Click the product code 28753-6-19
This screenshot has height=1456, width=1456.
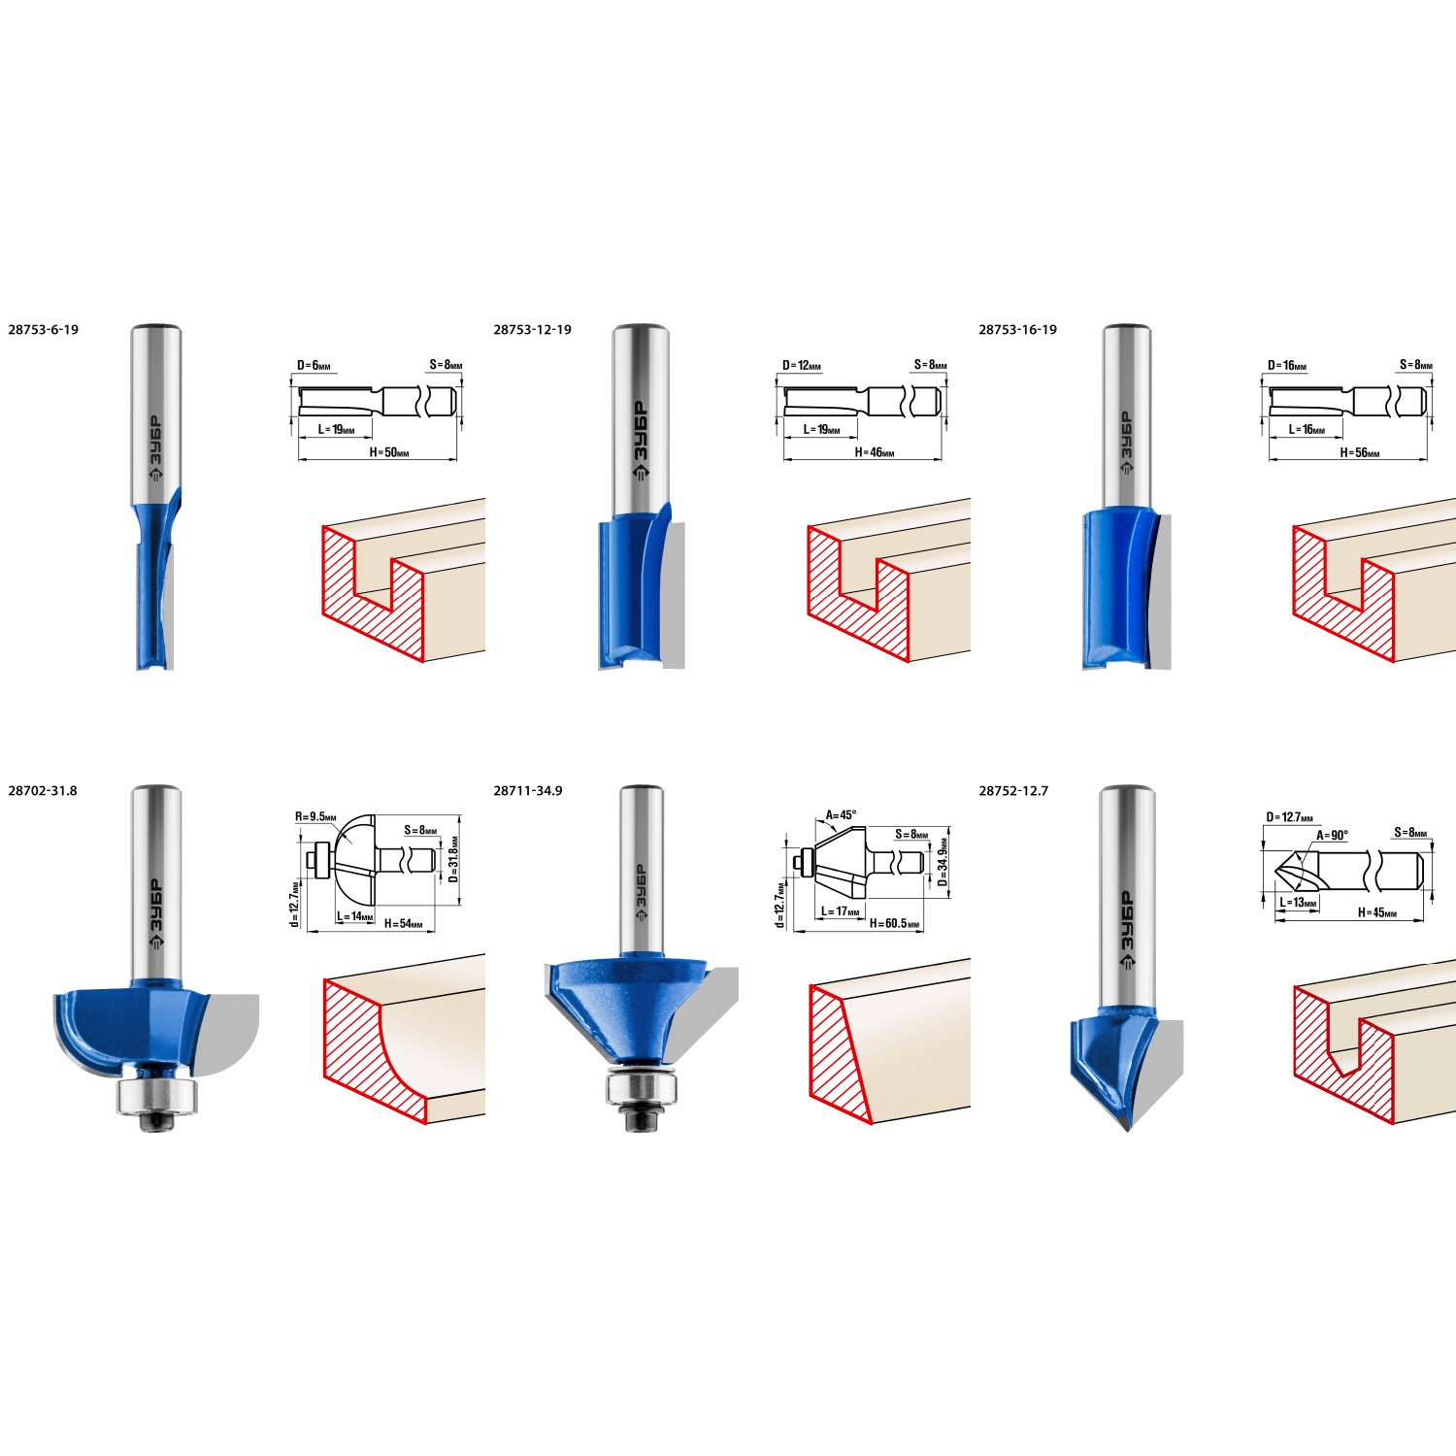44,330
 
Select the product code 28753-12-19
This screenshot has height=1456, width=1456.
533,330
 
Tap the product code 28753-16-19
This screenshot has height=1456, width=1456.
1018,330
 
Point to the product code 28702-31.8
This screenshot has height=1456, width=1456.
43,791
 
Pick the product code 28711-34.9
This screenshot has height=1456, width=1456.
528,791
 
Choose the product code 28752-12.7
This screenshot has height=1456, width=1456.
1013,791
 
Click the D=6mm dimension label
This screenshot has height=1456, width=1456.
314,366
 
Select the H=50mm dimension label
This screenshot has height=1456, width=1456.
389,453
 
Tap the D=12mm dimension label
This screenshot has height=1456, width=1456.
802,366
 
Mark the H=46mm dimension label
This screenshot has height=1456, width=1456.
875,453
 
